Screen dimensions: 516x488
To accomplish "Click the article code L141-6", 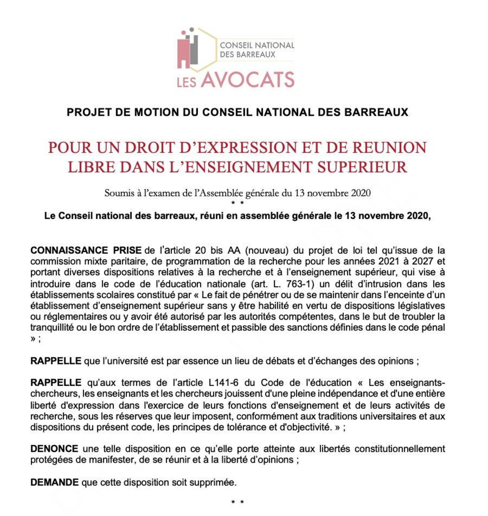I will [x=224, y=383].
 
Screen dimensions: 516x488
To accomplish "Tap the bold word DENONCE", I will [x=54, y=449].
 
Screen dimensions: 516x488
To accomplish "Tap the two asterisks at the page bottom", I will [x=237, y=502].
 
